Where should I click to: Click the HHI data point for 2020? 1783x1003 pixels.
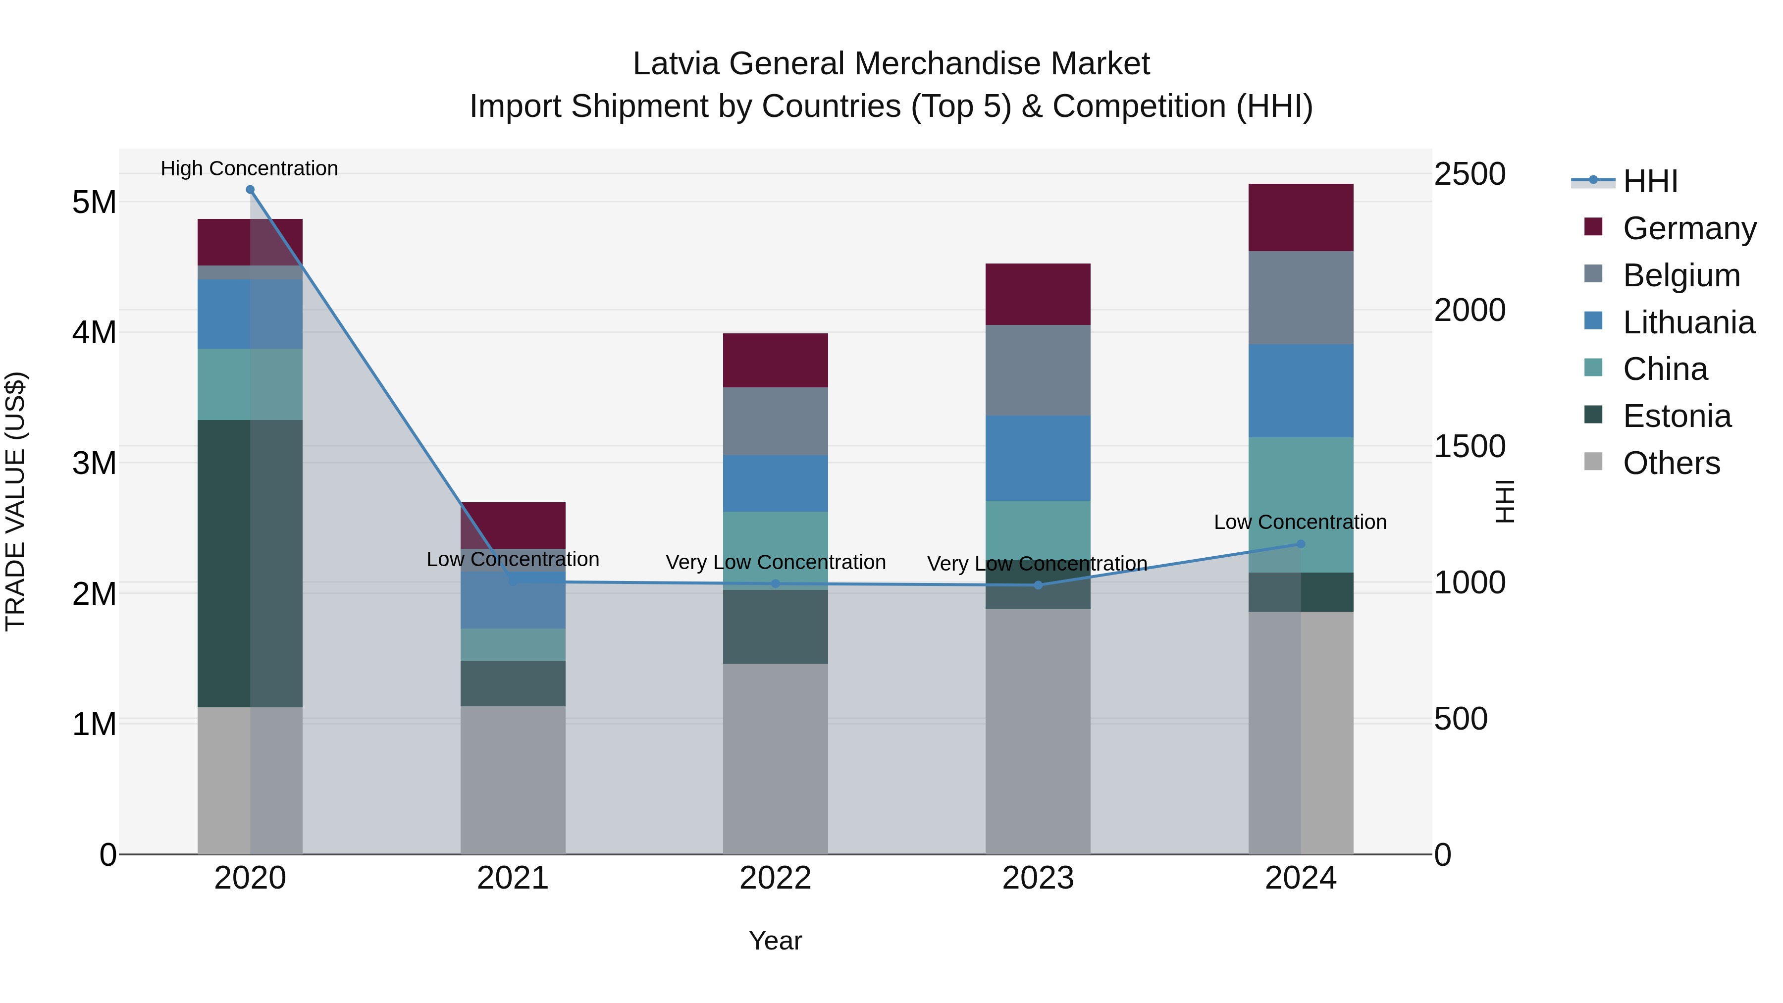(x=250, y=190)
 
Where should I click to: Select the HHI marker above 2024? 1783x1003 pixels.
(x=1300, y=544)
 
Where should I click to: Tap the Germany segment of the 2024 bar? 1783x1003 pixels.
(x=1300, y=217)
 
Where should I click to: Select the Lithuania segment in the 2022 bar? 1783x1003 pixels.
(x=775, y=483)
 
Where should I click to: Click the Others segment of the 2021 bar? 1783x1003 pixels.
(x=513, y=780)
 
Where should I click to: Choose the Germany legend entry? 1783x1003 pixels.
(x=1688, y=228)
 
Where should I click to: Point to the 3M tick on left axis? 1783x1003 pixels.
(x=94, y=463)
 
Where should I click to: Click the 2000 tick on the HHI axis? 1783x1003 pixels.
(x=1469, y=310)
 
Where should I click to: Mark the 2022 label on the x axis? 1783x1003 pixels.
(x=775, y=878)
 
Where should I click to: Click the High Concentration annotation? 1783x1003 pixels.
(x=249, y=168)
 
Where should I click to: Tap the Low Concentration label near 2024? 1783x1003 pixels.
(x=1300, y=522)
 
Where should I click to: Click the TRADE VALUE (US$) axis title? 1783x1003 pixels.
(x=15, y=501)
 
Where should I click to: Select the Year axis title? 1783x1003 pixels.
(x=775, y=941)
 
